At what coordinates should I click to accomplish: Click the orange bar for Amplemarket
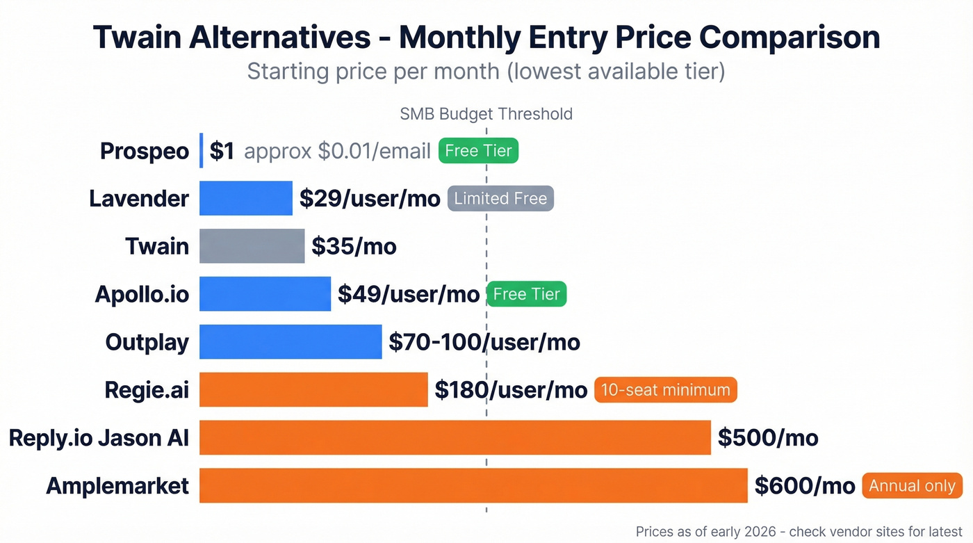click(473, 485)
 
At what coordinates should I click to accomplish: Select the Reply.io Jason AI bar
click(455, 437)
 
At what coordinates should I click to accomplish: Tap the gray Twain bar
click(252, 246)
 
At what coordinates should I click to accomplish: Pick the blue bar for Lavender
click(245, 198)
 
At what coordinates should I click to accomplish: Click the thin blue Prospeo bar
click(202, 151)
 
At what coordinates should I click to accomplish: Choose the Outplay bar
click(291, 341)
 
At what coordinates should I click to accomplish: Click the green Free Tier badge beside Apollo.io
click(526, 294)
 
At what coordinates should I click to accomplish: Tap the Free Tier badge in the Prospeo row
click(478, 151)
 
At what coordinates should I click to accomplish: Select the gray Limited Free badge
click(500, 198)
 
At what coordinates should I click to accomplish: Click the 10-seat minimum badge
click(665, 390)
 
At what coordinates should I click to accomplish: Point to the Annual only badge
click(912, 485)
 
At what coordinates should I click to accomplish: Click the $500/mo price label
click(768, 437)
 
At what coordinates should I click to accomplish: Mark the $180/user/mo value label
click(511, 390)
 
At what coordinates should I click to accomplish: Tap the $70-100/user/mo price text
click(484, 341)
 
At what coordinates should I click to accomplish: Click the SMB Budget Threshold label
click(486, 114)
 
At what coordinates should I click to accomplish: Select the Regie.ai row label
click(147, 390)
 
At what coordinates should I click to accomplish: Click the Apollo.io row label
click(142, 294)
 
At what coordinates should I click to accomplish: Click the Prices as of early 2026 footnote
click(799, 531)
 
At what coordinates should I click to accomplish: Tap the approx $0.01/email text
click(338, 151)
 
